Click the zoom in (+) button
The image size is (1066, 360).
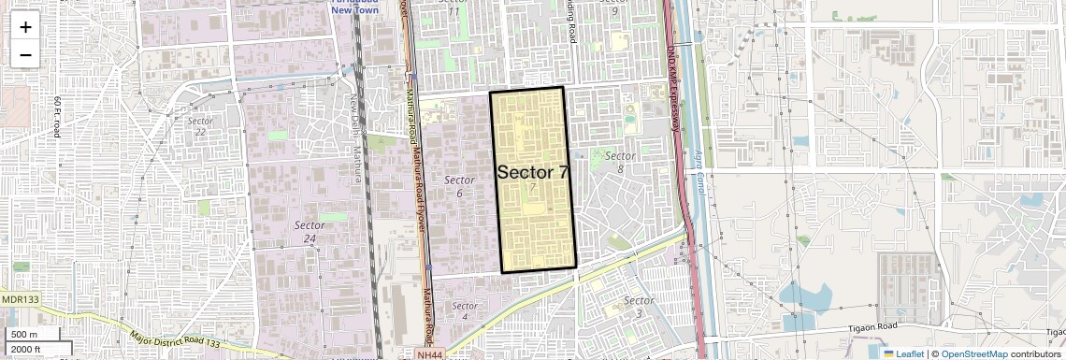point(25,26)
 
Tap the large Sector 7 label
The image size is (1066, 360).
point(533,172)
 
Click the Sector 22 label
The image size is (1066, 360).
point(199,126)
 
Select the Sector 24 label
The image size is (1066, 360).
point(310,231)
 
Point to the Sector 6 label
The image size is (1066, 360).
point(459,185)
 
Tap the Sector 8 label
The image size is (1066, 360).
point(620,161)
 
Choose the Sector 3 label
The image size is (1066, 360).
point(639,306)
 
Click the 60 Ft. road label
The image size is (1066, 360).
point(57,117)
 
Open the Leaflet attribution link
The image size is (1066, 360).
point(903,353)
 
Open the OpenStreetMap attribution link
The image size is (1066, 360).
point(974,353)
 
